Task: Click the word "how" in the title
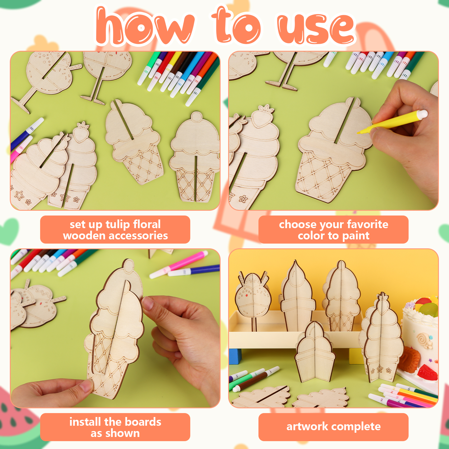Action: click(x=145, y=27)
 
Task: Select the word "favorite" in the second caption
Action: click(x=368, y=224)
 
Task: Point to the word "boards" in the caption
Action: click(x=143, y=422)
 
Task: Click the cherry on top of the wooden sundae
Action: click(x=196, y=116)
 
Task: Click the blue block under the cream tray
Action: click(x=235, y=356)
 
